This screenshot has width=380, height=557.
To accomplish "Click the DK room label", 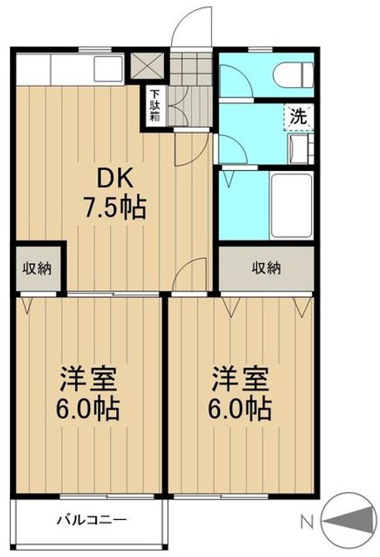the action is point(115,179).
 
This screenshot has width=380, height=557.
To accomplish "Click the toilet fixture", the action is point(293,74).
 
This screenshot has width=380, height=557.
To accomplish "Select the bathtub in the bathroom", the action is point(292,206).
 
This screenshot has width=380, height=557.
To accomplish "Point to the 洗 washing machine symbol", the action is point(299,116).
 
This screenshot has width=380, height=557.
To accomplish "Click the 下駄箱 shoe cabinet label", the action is point(155,106).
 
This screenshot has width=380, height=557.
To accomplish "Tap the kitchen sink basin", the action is point(108,69).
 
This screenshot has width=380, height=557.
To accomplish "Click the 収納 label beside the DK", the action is point(37,268).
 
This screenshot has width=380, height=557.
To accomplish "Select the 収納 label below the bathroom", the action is point(266,268).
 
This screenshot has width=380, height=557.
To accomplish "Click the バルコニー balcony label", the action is point(92,521).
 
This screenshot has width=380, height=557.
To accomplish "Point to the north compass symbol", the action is point(349,521).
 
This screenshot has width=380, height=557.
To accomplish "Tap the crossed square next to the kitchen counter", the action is point(147,66).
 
